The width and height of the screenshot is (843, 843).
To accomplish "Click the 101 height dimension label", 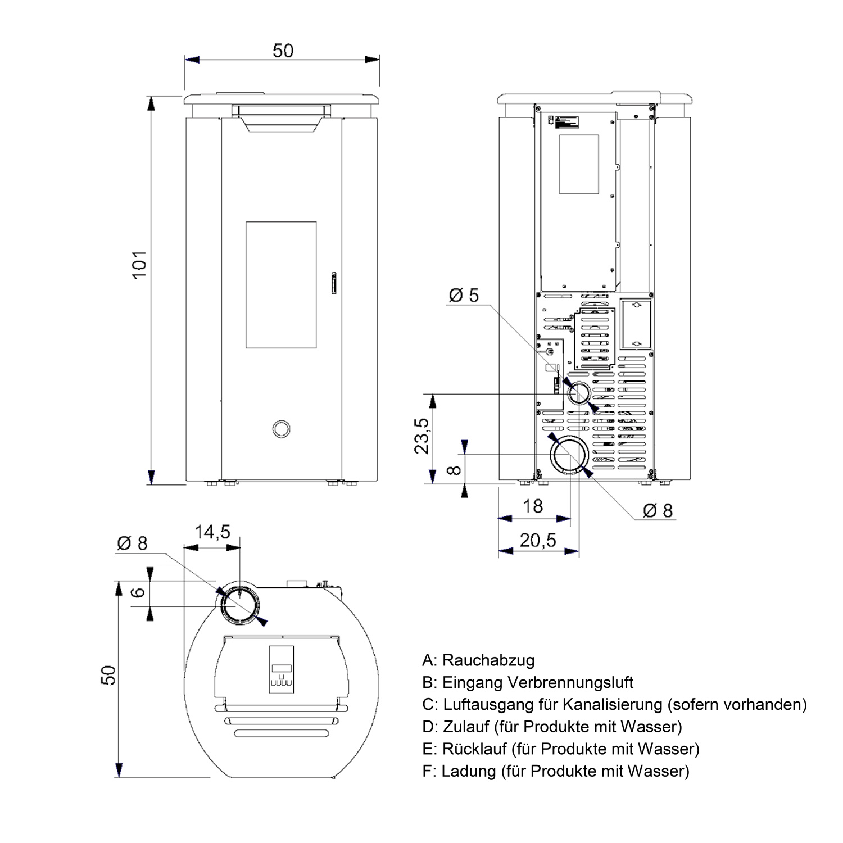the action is [x=139, y=264].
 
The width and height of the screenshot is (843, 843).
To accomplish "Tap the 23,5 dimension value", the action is [x=423, y=436].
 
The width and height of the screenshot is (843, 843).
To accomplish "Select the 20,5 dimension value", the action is [x=538, y=540].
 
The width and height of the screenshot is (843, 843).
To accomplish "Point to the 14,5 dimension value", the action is [x=212, y=532].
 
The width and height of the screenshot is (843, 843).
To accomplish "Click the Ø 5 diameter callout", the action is [x=464, y=294].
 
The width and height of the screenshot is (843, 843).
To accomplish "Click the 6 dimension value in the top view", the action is [x=139, y=592].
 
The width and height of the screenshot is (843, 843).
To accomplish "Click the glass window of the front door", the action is [x=281, y=284].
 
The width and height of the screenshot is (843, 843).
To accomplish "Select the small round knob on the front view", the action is [x=281, y=428].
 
